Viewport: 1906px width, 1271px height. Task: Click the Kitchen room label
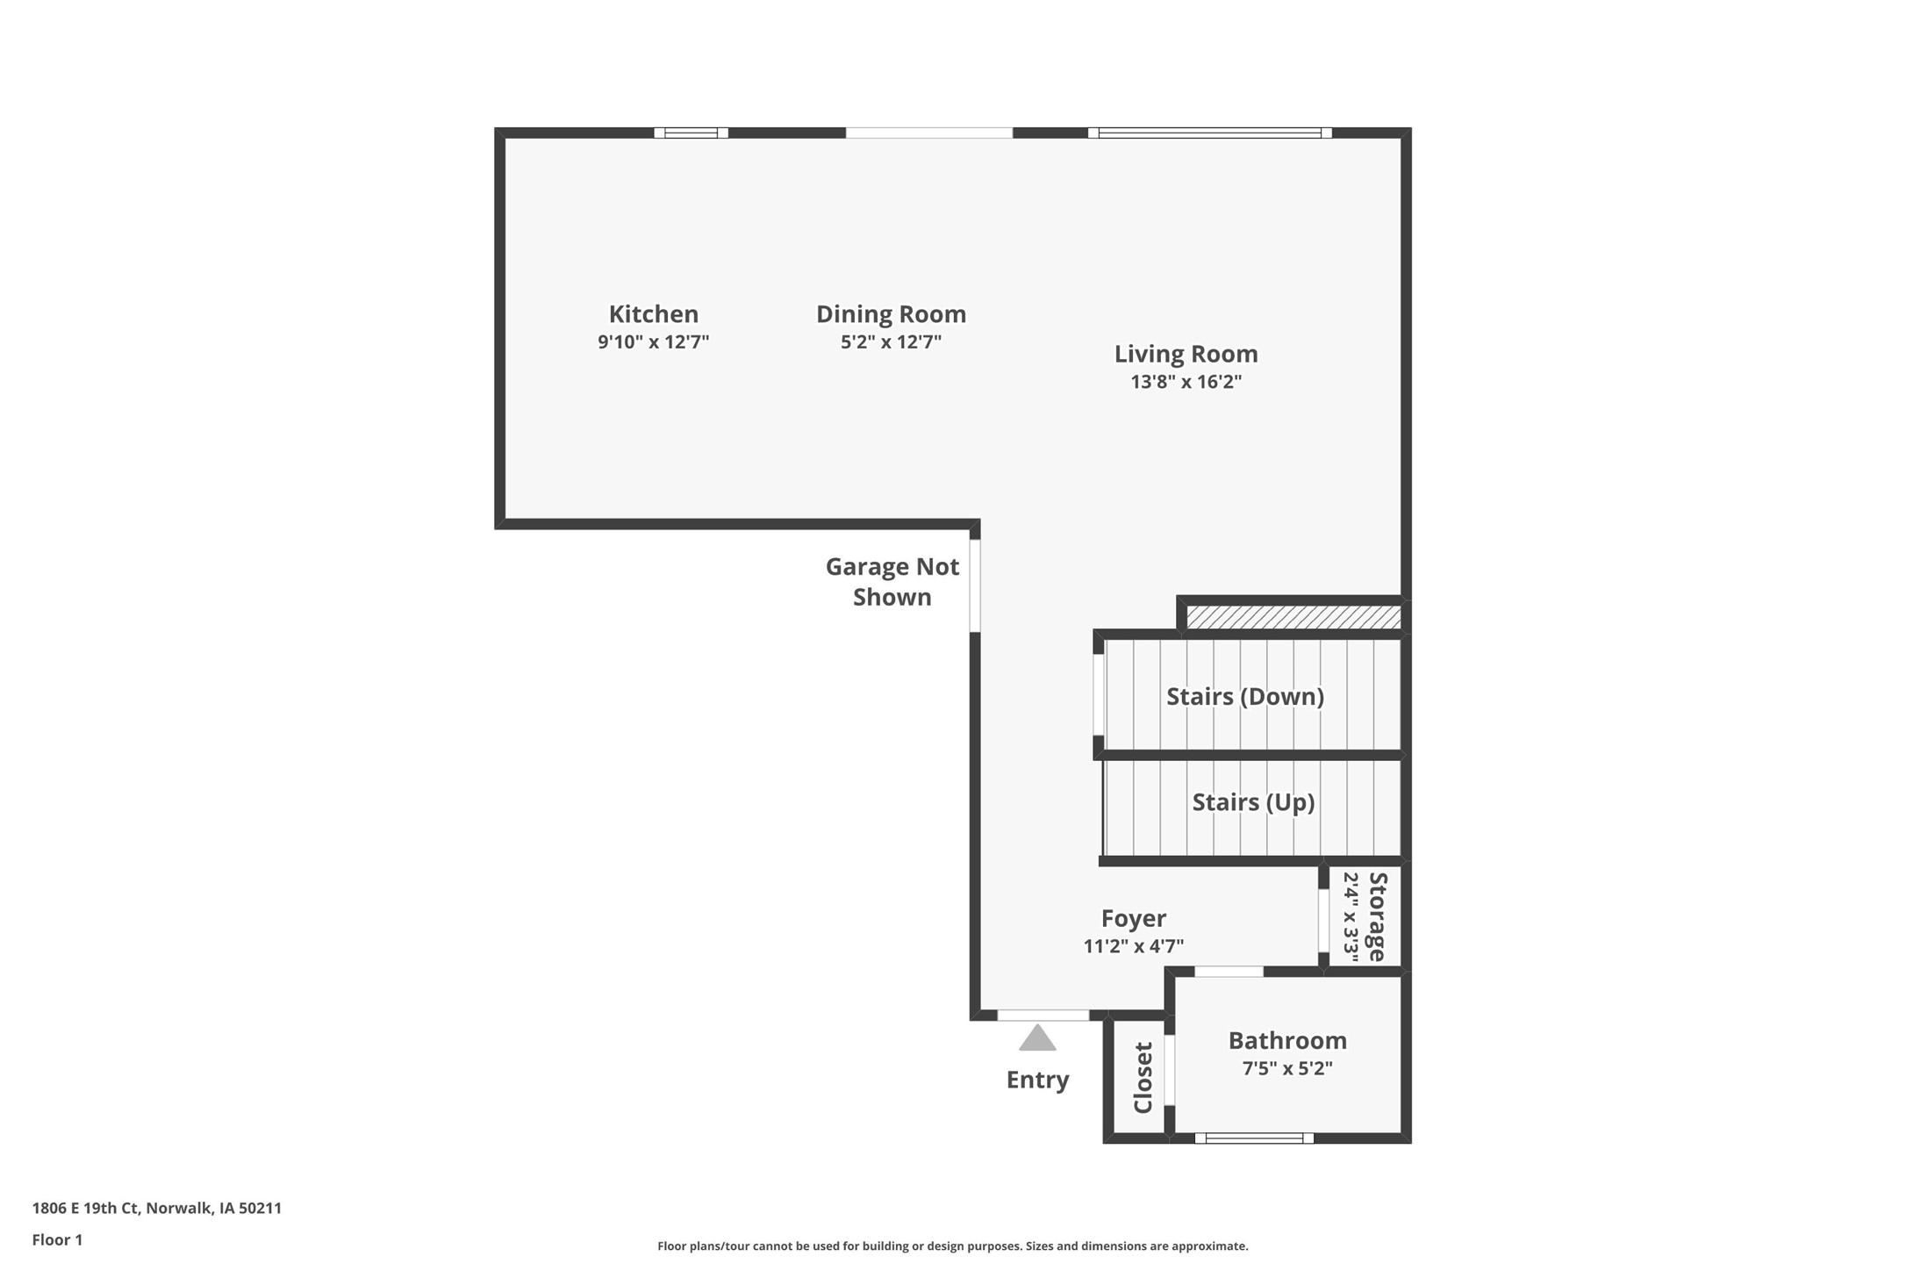653,313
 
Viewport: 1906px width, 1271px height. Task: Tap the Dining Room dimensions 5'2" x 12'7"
891,341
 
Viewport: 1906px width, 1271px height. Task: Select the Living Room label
1186,354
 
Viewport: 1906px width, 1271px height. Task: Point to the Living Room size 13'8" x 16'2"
1186,382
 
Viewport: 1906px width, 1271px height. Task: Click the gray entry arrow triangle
1037,1039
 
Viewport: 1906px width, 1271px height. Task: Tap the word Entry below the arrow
1037,1080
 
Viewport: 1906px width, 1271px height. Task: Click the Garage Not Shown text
892,582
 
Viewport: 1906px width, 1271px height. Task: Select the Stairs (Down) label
1244,696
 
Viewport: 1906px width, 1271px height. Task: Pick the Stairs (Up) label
1252,802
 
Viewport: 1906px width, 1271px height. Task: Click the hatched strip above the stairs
1293,617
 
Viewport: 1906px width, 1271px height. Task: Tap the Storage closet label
1376,916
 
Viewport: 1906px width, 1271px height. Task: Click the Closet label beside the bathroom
1143,1077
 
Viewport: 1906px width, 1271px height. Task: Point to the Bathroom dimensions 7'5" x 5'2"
1286,1068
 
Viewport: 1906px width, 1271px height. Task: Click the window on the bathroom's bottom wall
1254,1138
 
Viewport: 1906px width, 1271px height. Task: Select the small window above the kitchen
691,133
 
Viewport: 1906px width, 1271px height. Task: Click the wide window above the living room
1209,133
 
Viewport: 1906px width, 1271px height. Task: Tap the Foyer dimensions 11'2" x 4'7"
1133,946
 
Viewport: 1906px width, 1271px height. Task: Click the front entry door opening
1043,1016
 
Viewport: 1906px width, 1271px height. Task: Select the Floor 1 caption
57,1240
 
